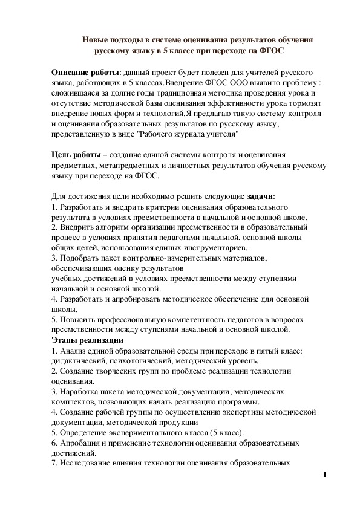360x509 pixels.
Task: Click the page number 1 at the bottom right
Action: click(x=325, y=475)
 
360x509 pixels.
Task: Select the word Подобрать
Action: click(x=79, y=258)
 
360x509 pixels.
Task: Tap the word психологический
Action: click(x=133, y=361)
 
